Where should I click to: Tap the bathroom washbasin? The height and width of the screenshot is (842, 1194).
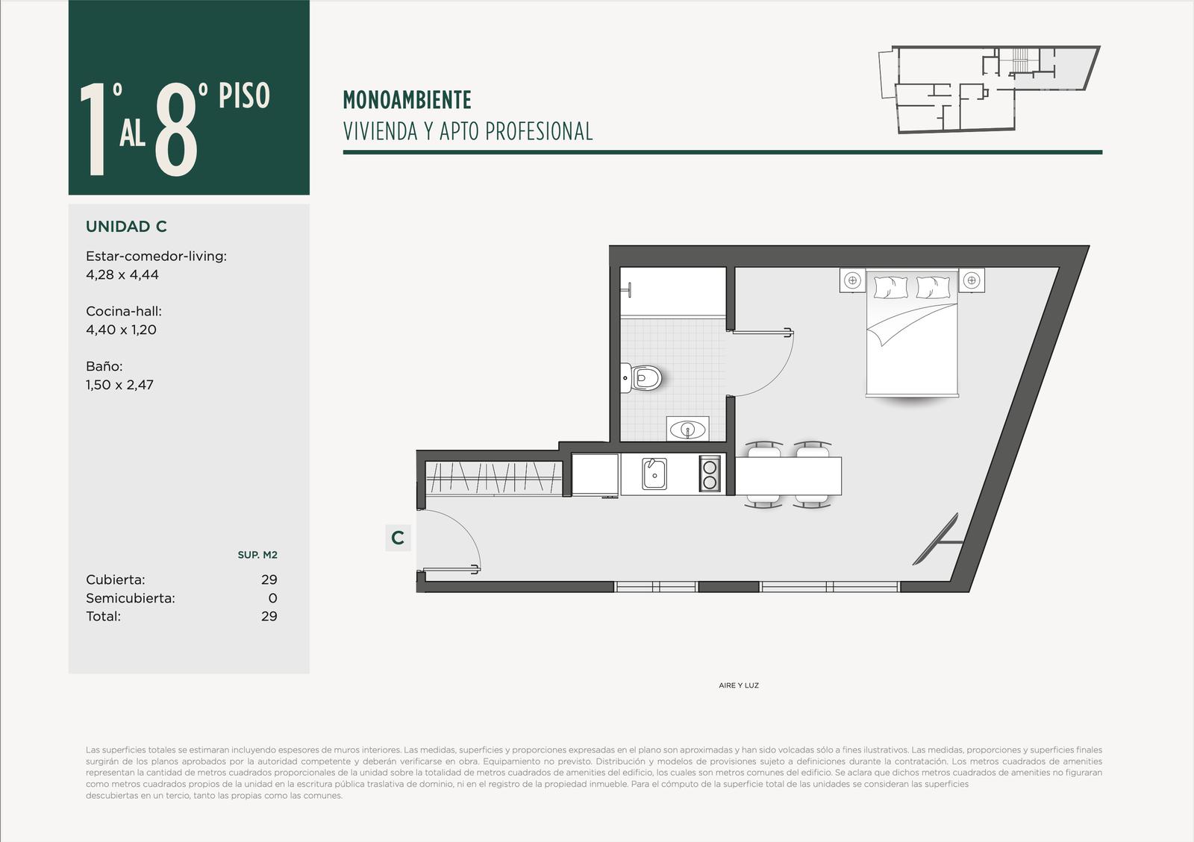pyautogui.click(x=687, y=429)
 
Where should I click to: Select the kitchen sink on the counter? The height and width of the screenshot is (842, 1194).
pyautogui.click(x=654, y=474)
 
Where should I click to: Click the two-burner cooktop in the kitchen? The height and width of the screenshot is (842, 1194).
pyautogui.click(x=710, y=474)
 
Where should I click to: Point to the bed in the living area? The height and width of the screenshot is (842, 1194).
pyautogui.click(x=912, y=333)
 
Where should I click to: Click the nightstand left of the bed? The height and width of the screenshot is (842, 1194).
pyautogui.click(x=852, y=280)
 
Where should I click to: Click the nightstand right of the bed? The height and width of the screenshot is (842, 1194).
pyautogui.click(x=972, y=280)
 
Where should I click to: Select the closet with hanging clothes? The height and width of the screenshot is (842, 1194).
pyautogui.click(x=493, y=478)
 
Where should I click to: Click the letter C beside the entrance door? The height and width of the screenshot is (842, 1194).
pyautogui.click(x=398, y=538)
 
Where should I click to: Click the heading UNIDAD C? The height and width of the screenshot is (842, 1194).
pyautogui.click(x=126, y=226)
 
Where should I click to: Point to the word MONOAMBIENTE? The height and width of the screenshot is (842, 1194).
pyautogui.click(x=407, y=100)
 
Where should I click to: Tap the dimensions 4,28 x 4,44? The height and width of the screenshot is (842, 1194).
pyautogui.click(x=122, y=274)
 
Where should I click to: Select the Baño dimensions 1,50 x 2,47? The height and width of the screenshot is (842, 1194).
pyautogui.click(x=119, y=385)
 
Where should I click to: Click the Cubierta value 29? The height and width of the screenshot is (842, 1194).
pyautogui.click(x=269, y=579)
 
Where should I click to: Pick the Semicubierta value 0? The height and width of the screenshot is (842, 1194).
pyautogui.click(x=273, y=598)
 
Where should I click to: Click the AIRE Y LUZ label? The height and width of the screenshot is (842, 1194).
pyautogui.click(x=739, y=685)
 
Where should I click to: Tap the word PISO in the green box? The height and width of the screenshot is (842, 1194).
pyautogui.click(x=244, y=96)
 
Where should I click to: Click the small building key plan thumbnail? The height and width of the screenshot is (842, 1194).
pyautogui.click(x=989, y=89)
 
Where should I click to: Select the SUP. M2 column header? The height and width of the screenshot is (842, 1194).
pyautogui.click(x=257, y=555)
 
